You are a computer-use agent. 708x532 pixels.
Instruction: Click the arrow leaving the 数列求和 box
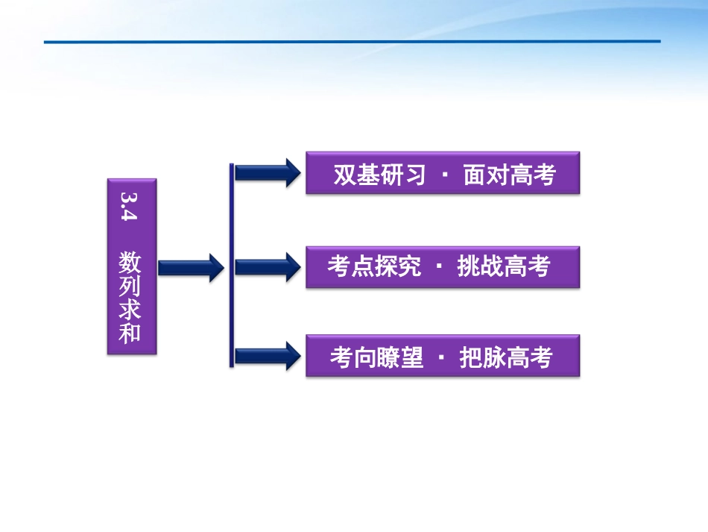coord(191,267)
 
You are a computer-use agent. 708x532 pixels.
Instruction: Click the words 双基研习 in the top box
coord(379,175)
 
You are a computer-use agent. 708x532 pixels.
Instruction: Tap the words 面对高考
coord(509,175)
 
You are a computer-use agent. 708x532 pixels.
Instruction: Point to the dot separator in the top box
coord(444,175)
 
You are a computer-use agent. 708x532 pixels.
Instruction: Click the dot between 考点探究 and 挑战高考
coord(438,266)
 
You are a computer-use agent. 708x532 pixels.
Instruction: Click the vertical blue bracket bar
coord(232,265)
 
